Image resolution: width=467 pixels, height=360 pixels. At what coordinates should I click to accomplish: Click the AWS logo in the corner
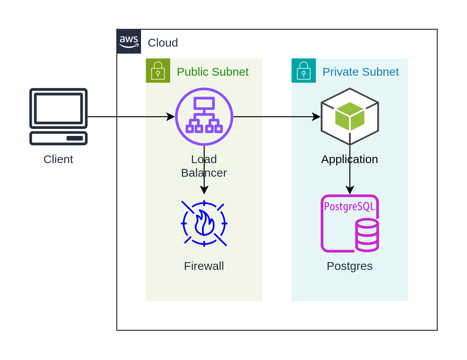(x=129, y=41)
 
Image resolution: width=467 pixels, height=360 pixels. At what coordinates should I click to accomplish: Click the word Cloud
(x=163, y=43)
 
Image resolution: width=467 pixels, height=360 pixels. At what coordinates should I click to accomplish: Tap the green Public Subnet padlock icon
(x=158, y=70)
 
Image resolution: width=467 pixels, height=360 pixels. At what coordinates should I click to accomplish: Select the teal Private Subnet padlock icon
(x=303, y=70)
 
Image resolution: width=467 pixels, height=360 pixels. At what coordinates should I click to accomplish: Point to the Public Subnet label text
(x=213, y=72)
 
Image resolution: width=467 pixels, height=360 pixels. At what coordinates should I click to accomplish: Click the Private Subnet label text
(x=361, y=72)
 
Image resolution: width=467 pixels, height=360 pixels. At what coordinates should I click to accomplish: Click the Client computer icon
(x=58, y=117)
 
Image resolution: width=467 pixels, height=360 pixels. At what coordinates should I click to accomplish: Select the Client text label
(x=58, y=159)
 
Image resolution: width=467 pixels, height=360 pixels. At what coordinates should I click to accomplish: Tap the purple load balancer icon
(x=204, y=117)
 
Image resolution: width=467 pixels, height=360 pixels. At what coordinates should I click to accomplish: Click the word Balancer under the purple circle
(x=204, y=173)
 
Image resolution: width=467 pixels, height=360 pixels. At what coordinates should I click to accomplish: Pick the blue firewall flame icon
(x=204, y=224)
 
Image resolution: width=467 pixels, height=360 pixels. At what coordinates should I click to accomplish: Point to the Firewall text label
(x=204, y=266)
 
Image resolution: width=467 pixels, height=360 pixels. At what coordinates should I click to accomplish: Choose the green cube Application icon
(x=350, y=117)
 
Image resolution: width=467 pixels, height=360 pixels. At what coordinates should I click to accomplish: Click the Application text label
(x=350, y=159)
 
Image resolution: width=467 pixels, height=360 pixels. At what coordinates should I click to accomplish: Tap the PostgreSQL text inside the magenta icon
(x=349, y=207)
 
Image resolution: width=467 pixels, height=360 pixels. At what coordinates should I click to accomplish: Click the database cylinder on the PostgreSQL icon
(x=367, y=235)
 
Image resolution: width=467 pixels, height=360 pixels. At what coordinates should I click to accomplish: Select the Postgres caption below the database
(x=350, y=266)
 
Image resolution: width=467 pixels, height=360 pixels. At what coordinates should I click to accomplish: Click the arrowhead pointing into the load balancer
(x=171, y=117)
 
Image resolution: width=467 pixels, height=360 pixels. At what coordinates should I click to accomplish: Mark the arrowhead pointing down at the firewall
(x=204, y=190)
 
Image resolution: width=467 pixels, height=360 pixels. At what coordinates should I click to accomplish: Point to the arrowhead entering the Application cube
(x=317, y=117)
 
